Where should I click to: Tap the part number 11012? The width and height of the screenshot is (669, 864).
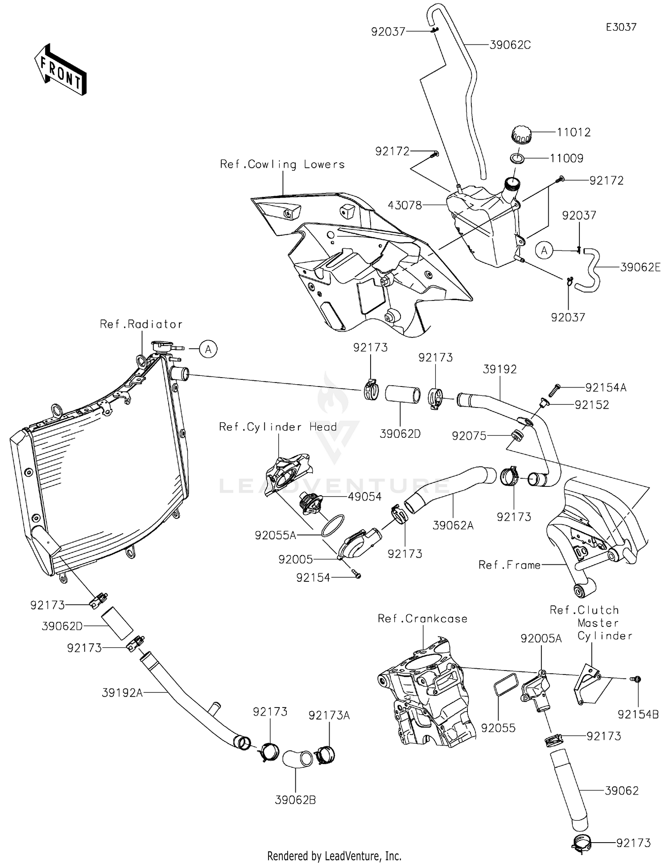click(x=574, y=132)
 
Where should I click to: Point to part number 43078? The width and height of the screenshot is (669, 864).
click(x=405, y=206)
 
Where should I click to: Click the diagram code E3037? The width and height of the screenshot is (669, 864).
click(x=621, y=27)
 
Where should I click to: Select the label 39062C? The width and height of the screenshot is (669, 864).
click(x=510, y=45)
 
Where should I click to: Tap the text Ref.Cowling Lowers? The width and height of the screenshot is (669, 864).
click(x=282, y=165)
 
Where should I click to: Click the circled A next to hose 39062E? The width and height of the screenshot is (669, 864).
click(x=544, y=251)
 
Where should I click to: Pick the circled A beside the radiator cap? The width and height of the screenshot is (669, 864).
click(x=208, y=349)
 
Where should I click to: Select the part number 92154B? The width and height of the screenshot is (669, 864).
click(x=638, y=715)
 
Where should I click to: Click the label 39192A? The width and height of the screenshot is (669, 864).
click(x=122, y=693)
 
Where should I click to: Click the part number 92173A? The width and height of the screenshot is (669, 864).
click(x=329, y=716)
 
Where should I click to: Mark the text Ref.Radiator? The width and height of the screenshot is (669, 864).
click(x=141, y=324)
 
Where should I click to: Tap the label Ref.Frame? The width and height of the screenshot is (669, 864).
click(x=509, y=565)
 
